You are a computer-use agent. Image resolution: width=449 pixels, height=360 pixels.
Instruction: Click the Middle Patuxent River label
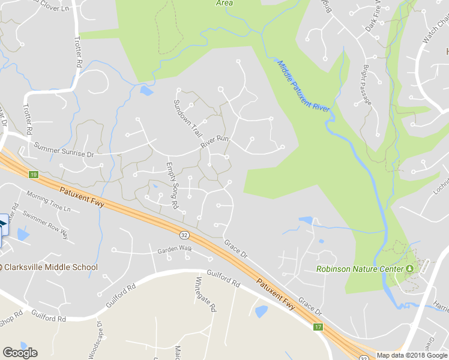tap(305, 85)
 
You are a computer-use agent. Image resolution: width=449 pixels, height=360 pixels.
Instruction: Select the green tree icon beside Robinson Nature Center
tap(411, 268)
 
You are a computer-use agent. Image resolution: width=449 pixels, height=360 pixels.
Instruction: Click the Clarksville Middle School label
tap(50, 267)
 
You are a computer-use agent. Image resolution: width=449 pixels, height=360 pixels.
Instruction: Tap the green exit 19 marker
tap(33, 174)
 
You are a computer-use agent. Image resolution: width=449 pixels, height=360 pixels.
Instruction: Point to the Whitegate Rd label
tap(205, 295)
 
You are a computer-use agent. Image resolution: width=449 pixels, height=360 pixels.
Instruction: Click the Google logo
tap(20, 353)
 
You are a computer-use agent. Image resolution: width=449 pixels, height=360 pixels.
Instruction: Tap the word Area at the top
tap(224, 3)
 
